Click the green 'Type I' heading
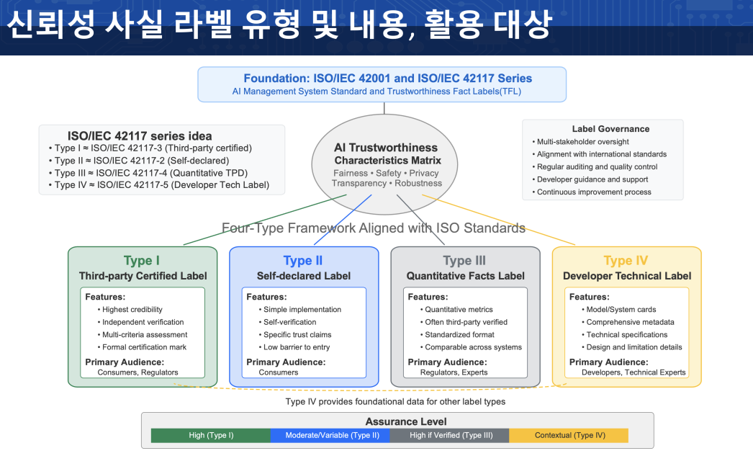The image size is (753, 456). [x=142, y=261]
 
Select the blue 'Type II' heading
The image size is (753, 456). [x=303, y=261]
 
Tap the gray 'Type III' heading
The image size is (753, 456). [x=464, y=261]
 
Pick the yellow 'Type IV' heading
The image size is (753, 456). [x=626, y=261]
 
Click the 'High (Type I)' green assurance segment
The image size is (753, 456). [x=211, y=435]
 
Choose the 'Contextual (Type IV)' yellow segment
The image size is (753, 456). [x=569, y=435]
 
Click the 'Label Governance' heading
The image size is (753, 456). [x=610, y=129]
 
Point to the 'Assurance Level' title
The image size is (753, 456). [x=406, y=421]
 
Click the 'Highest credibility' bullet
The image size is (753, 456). [x=132, y=310]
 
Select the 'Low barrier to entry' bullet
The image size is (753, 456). [x=297, y=347]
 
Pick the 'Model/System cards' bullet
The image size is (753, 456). [x=621, y=310]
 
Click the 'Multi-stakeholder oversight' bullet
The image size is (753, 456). [x=582, y=142]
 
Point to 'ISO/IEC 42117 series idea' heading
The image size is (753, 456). [x=140, y=136]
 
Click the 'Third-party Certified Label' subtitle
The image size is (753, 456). [x=143, y=276]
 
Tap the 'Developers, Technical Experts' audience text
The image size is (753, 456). [x=633, y=372]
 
